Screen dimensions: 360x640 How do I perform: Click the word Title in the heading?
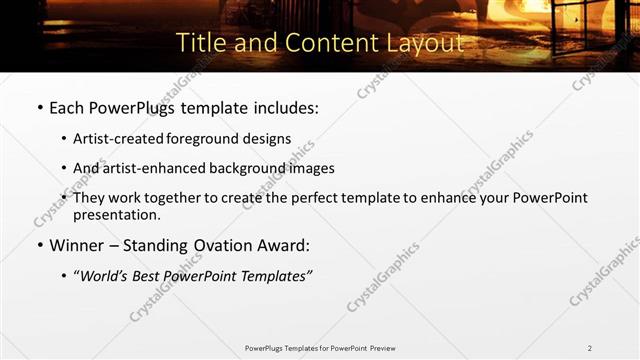point(199,43)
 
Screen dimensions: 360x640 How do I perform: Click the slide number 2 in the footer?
point(590,348)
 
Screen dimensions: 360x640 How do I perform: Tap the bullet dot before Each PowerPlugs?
point(39,107)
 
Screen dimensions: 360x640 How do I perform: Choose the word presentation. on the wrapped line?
point(116,214)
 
